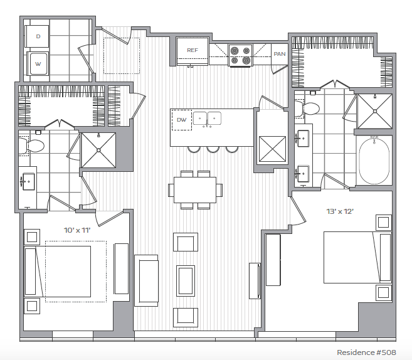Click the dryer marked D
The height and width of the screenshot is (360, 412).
(x=37, y=36)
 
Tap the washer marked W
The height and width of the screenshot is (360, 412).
(x=38, y=63)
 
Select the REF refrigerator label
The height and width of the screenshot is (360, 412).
(x=193, y=50)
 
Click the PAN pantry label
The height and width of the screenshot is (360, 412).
(x=279, y=54)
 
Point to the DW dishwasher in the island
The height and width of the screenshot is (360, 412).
(x=182, y=120)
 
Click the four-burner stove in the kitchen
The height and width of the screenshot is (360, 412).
(x=240, y=55)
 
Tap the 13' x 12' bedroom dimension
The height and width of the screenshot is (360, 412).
(x=340, y=211)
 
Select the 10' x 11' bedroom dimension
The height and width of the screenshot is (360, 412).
(x=77, y=230)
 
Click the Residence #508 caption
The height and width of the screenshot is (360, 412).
(x=366, y=352)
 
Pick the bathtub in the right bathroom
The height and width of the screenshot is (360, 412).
(x=374, y=161)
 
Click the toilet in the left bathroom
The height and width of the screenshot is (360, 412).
(x=31, y=146)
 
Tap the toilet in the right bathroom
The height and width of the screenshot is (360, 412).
(x=307, y=108)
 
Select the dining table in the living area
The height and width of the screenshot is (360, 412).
(x=195, y=190)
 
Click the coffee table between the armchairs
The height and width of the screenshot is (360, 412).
(x=186, y=281)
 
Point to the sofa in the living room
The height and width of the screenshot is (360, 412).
(x=146, y=280)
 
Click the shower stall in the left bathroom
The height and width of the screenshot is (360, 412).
(x=98, y=150)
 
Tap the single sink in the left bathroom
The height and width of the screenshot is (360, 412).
(x=28, y=181)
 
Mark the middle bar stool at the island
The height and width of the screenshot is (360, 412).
(x=213, y=149)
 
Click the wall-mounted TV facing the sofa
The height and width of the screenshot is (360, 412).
(x=255, y=280)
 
